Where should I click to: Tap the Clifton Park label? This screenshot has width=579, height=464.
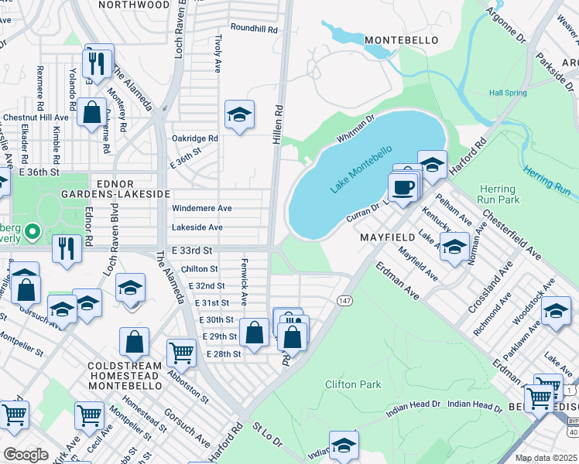pos(353,384)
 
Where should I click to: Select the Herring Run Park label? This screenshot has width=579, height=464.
pos(497,194)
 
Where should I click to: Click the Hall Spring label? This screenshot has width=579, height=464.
pos(507,93)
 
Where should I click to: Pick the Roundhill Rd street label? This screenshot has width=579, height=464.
pos(254,29)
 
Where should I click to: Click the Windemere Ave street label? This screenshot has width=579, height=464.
pos(201,209)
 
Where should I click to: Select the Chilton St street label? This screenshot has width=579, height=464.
pos(199,268)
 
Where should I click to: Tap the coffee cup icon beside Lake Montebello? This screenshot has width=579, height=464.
pos(401,187)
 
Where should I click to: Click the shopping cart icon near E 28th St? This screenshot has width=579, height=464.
pos(181,352)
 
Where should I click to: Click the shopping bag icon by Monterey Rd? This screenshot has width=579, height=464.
pos(91,113)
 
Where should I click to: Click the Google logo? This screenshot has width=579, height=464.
pos(26,455)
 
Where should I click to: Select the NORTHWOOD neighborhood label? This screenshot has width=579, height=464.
pos(134,5)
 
